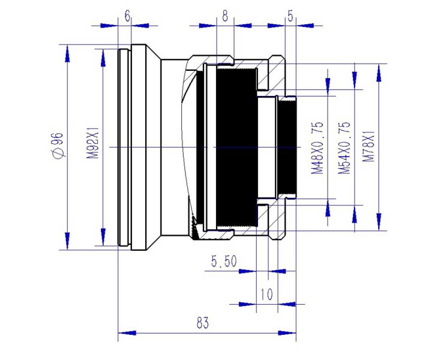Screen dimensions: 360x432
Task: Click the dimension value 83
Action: click(202, 323)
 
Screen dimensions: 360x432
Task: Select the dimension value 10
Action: click(267, 294)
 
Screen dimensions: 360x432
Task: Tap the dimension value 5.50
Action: click(224, 261)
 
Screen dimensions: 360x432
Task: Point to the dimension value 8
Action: click(225, 16)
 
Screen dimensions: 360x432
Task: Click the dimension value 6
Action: click(127, 16)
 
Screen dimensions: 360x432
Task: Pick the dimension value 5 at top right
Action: click(290, 16)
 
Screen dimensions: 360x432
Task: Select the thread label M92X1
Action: click(93, 146)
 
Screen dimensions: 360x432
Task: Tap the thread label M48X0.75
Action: click(317, 148)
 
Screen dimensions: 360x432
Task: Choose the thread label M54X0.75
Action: click(344, 148)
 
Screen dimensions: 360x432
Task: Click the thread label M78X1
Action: click(369, 148)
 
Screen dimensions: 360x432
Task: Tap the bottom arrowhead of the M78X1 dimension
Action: click(378, 223)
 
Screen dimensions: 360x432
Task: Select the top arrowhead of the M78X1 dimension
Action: click(378, 71)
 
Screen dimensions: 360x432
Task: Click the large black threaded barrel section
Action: click(231, 147)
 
